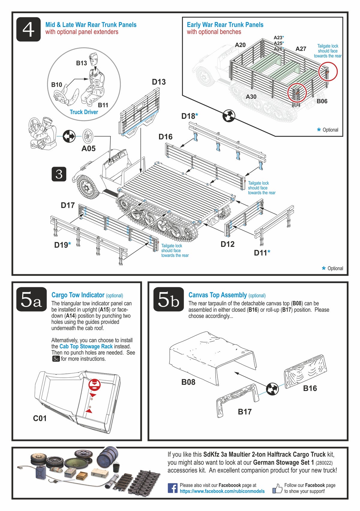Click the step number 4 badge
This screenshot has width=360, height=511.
click(28, 29)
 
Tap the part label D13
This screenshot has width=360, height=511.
click(159, 82)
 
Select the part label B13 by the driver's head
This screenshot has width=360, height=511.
click(81, 63)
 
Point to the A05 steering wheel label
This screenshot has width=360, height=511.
click(88, 148)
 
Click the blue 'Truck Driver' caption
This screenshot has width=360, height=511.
click(84, 112)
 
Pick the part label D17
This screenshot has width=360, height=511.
click(67, 205)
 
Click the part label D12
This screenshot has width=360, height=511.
click(227, 244)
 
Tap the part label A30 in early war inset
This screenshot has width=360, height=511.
click(251, 97)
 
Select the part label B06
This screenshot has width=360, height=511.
click(322, 101)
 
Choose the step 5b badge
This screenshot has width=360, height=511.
click(168, 299)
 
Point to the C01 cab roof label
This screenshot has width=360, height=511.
click(40, 418)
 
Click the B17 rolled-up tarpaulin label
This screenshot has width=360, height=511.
click(244, 412)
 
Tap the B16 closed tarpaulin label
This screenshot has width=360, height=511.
click(310, 388)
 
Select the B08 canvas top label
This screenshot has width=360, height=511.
click(188, 382)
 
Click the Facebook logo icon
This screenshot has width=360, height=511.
click(172, 488)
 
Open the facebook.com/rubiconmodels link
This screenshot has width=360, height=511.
click(222, 491)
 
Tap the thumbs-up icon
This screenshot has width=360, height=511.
click(277, 488)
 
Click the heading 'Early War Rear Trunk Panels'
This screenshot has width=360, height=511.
click(225, 25)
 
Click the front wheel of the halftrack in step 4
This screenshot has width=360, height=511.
click(87, 188)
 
